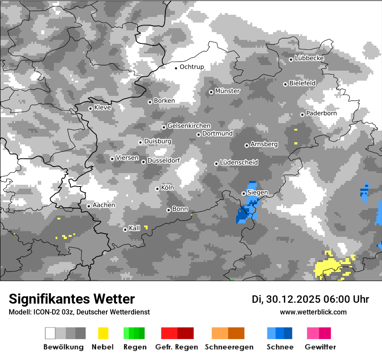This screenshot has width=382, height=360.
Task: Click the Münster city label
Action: (x=227, y=91)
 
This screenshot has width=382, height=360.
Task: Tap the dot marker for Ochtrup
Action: (x=176, y=68)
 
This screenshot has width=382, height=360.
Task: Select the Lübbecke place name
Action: (x=309, y=58)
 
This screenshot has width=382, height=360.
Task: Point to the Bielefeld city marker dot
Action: (x=285, y=84)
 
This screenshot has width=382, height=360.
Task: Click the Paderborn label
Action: (x=321, y=113)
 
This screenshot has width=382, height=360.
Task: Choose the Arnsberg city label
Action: (x=264, y=144)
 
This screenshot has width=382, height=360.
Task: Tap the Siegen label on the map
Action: (x=257, y=193)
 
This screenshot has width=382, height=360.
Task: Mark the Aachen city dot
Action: (x=89, y=206)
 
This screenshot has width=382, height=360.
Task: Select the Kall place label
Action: (x=135, y=228)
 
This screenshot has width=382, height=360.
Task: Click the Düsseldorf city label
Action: (x=164, y=160)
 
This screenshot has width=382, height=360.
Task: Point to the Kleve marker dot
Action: (x=90, y=108)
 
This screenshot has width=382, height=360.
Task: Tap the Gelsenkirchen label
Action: (x=189, y=126)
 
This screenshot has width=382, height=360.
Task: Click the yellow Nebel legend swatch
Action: (x=103, y=333)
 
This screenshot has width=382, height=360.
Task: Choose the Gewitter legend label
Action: (x=320, y=347)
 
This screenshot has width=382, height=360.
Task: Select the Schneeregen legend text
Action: (x=229, y=347)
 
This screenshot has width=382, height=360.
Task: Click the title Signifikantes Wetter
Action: (x=72, y=299)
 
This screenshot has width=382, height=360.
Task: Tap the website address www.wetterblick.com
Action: (x=313, y=312)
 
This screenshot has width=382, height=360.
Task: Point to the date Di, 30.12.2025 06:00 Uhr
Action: (x=310, y=299)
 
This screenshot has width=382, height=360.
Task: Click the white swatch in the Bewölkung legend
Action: (x=50, y=333)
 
